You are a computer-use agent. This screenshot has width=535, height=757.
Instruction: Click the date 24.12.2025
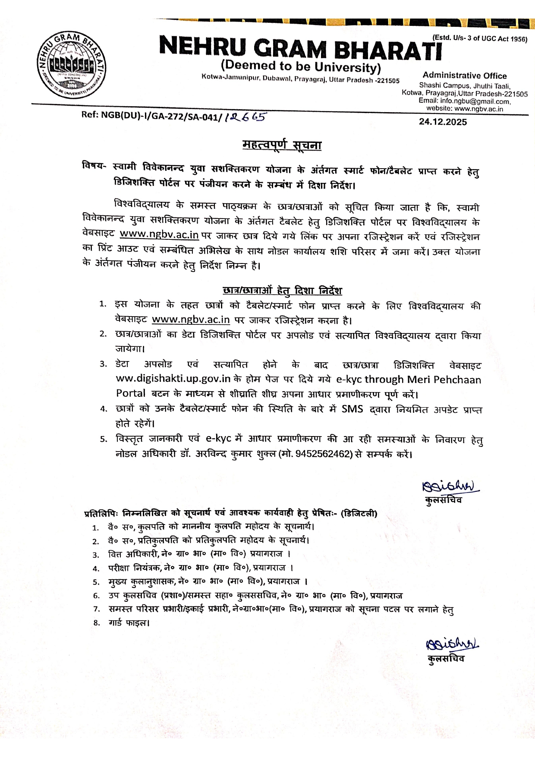tap(443, 122)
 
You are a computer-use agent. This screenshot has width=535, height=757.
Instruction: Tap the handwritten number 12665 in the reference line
tap(245, 116)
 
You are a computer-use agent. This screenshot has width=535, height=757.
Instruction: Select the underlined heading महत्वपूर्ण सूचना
tap(282, 145)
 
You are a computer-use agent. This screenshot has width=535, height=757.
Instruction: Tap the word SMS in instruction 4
tap(352, 408)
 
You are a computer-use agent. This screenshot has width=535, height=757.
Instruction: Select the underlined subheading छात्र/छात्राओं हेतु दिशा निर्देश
tap(282, 290)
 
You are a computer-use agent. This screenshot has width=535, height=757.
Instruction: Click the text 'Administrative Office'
tap(465, 75)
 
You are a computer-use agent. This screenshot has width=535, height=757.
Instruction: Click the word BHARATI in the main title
tap(388, 48)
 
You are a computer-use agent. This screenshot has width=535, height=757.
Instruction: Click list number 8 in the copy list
tap(97, 622)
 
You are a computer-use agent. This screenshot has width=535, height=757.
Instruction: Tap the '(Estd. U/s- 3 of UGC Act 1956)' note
tap(480, 38)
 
